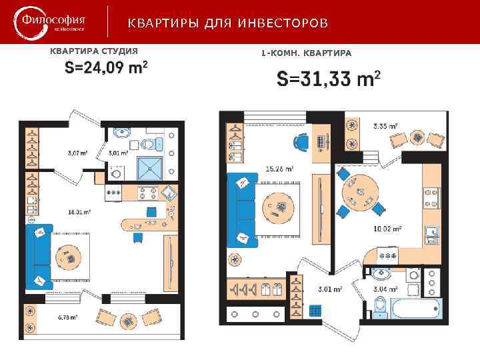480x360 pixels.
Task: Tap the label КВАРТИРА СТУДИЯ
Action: coord(94,51)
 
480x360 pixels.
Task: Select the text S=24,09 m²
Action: coord(105,68)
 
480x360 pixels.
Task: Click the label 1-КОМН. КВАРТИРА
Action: coord(306,52)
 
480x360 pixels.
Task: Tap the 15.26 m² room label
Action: coord(279,169)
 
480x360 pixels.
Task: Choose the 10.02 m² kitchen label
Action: coord(387,229)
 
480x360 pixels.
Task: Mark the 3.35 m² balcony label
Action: coord(385,125)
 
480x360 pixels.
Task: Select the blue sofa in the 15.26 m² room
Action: coord(241,209)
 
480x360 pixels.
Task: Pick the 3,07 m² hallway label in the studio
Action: coord(78,153)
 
